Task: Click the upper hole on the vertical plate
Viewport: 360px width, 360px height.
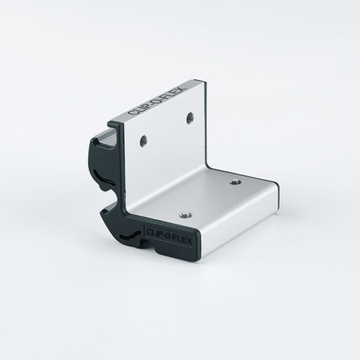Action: point(190,118)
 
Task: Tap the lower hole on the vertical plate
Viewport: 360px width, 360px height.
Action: point(144,141)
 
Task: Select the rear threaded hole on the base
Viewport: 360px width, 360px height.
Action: point(236,182)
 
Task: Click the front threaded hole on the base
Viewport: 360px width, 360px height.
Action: point(186,215)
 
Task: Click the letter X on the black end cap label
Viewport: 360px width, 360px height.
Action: point(189,241)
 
